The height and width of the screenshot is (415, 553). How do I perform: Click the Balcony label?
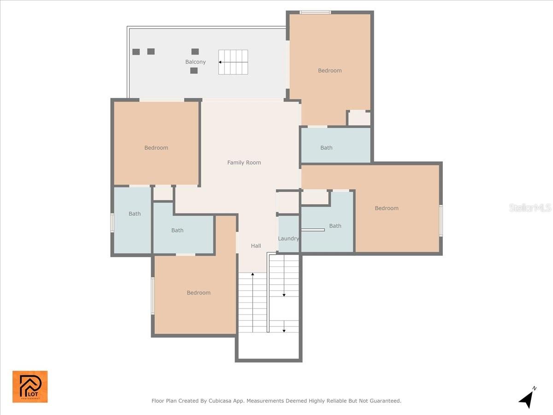click(195, 62)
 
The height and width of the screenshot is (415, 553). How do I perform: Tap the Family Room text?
click(244, 162)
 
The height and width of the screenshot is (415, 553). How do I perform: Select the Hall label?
click(256, 246)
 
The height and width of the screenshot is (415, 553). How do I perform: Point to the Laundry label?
click(288, 238)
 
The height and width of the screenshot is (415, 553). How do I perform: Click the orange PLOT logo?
click(30, 386)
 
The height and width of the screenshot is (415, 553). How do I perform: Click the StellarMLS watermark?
click(530, 208)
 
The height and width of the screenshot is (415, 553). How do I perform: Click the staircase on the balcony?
click(233, 62)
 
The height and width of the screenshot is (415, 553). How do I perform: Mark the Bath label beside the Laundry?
click(335, 225)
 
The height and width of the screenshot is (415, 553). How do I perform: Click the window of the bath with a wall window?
click(112, 223)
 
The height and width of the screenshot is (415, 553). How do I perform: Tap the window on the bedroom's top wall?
click(315, 12)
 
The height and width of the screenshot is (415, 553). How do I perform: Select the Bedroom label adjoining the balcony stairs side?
click(330, 71)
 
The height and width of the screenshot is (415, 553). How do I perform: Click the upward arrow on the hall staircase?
click(253, 275)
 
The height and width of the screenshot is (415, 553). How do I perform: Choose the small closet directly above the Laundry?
click(288, 202)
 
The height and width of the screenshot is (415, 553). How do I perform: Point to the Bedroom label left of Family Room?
click(156, 148)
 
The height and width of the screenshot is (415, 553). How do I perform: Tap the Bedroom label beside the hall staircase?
click(199, 292)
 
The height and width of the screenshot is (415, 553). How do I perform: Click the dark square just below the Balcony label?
click(194, 71)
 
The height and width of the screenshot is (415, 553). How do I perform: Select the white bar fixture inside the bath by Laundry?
click(313, 230)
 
